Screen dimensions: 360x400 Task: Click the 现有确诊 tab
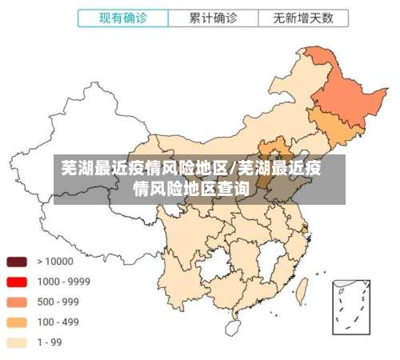[x=124, y=17]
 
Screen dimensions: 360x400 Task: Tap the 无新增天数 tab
[x=303, y=17]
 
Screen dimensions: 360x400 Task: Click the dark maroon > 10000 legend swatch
[x=17, y=261]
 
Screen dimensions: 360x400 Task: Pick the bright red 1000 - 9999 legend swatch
[x=17, y=282]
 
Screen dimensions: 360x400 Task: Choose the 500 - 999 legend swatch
[x=17, y=302]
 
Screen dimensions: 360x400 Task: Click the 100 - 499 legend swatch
[x=17, y=322]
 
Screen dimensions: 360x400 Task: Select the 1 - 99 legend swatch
[x=17, y=342]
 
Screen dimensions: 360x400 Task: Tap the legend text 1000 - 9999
[x=63, y=282]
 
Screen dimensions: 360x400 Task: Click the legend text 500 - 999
[x=58, y=302]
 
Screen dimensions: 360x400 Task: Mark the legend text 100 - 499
[x=58, y=322]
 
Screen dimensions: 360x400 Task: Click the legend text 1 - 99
[x=51, y=342]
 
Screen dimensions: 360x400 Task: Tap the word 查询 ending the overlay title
[x=233, y=189]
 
